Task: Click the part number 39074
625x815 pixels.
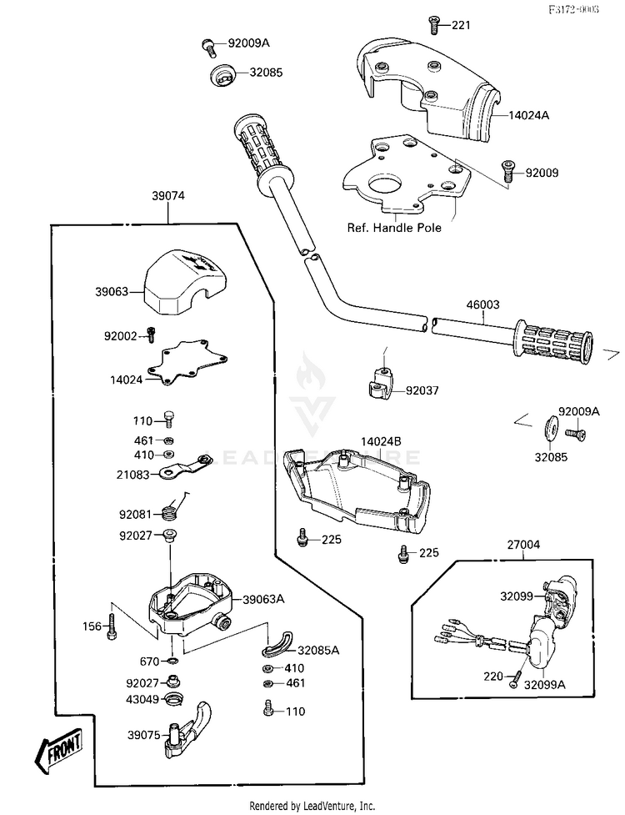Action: pos(168,196)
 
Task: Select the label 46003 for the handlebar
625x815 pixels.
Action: pos(482,305)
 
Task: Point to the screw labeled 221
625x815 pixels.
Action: pos(434,24)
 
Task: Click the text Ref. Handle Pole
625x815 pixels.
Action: pos(394,227)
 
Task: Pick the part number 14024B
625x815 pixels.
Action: pos(381,440)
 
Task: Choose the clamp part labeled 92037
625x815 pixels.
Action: pos(380,385)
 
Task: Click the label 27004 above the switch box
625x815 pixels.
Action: pos(523,545)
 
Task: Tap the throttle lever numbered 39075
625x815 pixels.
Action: pos(190,730)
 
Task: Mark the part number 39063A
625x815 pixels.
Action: pos(264,599)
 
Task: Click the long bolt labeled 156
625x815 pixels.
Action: pos(112,626)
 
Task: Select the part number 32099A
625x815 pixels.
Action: pos(545,683)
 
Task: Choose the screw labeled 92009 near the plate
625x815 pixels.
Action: pos(507,171)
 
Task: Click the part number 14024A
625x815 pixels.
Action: pos(530,117)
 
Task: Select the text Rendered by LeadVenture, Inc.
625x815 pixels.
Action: pos(312,807)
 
